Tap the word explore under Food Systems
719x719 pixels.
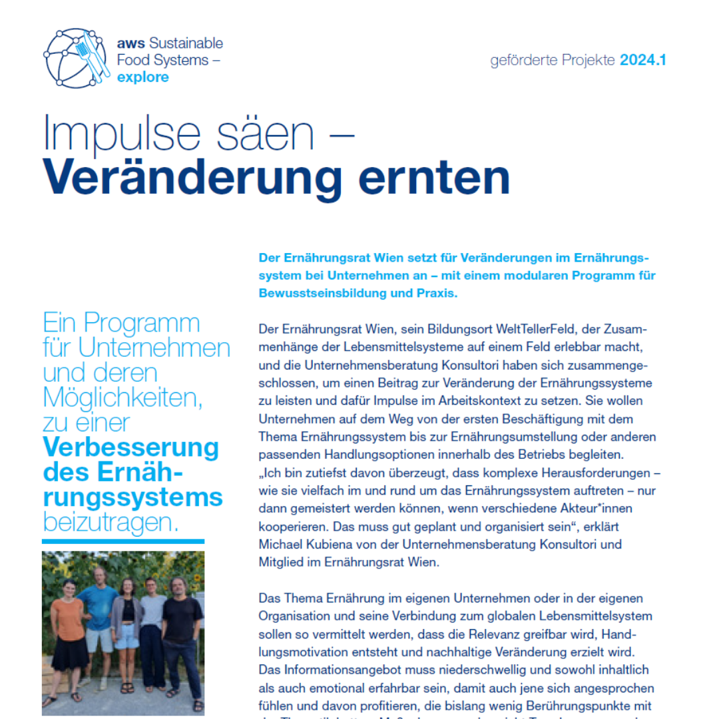click(x=142, y=77)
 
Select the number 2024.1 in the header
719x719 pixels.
click(x=642, y=61)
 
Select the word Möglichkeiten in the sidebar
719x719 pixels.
click(x=122, y=397)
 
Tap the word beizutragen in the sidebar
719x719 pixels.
click(x=111, y=521)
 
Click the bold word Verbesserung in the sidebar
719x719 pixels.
click(x=130, y=447)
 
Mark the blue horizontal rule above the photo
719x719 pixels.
click(x=123, y=541)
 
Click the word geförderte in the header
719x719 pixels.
click(x=517, y=61)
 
